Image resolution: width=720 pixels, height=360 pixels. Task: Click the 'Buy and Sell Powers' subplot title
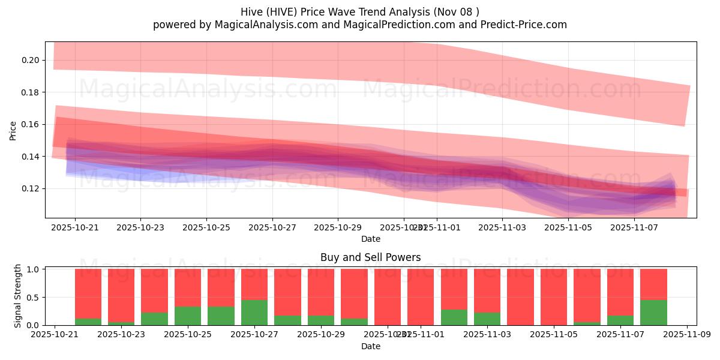tap(370, 257)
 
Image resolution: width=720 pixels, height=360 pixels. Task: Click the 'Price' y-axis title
tap(13, 130)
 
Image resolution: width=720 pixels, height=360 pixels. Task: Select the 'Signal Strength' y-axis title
tap(18, 295)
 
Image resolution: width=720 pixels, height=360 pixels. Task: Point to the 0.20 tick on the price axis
tap(31, 60)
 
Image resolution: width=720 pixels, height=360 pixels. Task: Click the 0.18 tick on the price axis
tap(31, 92)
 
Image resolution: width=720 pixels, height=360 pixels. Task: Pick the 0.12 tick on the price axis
tap(31, 188)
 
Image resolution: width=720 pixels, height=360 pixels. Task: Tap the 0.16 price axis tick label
tap(31, 124)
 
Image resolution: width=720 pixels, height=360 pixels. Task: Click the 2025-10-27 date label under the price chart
tap(272, 228)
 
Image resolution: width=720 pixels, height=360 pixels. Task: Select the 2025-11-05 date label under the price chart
tap(568, 228)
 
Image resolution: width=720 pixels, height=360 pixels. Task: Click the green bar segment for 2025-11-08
tap(653, 313)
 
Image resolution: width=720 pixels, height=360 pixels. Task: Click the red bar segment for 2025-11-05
tap(553, 297)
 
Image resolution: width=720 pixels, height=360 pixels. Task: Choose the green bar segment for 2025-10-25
tap(188, 316)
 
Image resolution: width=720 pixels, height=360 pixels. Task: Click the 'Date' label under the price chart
tap(370, 239)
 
